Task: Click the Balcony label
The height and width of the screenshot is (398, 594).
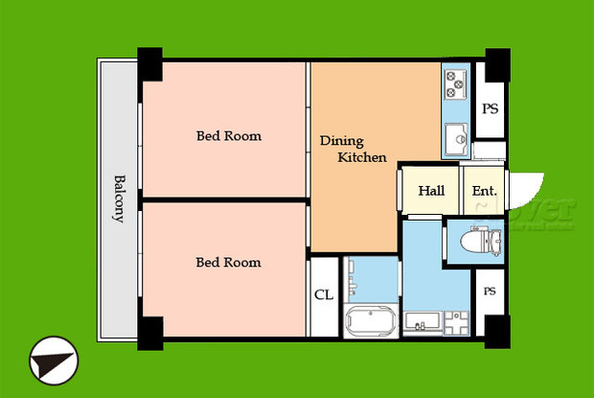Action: pos(120,199)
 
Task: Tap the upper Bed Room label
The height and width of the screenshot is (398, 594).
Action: pos(229,136)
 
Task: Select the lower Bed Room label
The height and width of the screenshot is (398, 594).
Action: pos(229,262)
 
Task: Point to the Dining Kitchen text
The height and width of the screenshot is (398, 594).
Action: pos(353,149)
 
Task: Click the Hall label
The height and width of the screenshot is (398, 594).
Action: pos(431,191)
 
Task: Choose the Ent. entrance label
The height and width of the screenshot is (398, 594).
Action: pos(484,191)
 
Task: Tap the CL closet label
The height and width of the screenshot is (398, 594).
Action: pos(324,294)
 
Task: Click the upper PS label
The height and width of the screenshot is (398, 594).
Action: pos(490,109)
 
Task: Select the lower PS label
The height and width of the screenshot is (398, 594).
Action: pos(490,291)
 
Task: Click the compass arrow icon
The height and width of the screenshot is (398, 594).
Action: pos(52,362)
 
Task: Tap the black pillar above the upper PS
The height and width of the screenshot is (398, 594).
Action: pos(496,65)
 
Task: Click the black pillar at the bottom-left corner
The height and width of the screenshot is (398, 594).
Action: pos(150,331)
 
